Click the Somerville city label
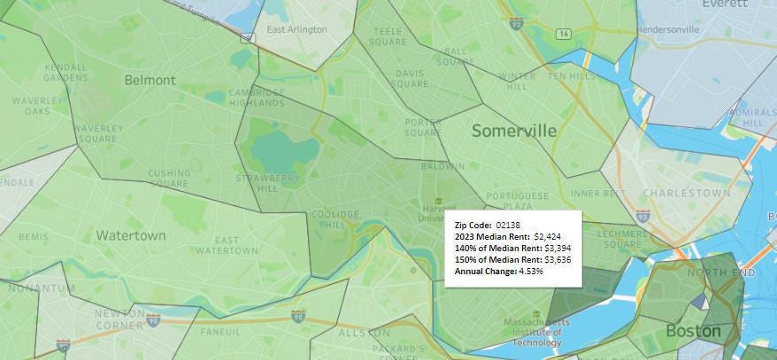514,131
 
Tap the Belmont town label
150,80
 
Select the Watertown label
130,235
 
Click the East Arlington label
296,29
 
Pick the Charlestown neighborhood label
687,193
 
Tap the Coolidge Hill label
335,219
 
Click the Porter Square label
422,127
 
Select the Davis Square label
410,79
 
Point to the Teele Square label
388,36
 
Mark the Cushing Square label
169,179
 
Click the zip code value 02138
509,226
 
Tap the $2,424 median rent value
549,236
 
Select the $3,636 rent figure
563,259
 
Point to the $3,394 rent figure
563,248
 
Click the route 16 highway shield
563,34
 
